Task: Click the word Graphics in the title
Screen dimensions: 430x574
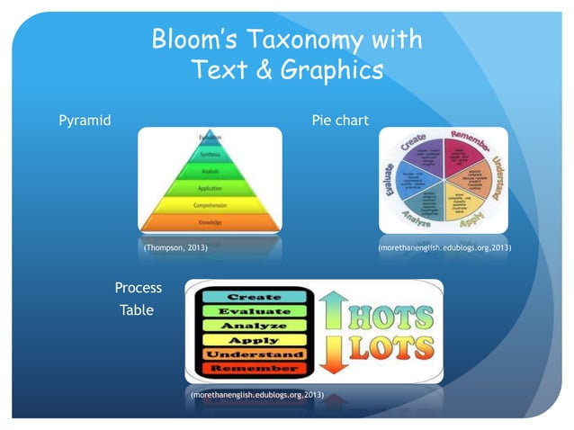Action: pos(335,69)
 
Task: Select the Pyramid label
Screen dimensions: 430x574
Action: pos(85,120)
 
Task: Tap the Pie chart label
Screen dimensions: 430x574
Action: pos(339,120)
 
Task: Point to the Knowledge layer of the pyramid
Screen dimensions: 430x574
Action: pos(209,221)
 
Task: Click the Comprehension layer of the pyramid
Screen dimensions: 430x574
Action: pos(209,205)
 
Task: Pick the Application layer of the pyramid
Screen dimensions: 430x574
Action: pos(209,189)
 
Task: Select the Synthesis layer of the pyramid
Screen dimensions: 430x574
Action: pos(209,155)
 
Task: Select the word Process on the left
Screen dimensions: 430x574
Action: pos(139,289)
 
